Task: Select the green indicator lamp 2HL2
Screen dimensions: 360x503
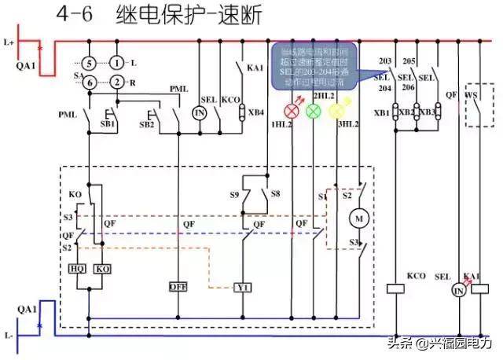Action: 313,112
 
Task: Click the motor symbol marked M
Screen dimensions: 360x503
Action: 360,216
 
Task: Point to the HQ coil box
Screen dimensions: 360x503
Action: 77,268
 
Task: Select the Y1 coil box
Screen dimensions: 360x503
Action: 243,288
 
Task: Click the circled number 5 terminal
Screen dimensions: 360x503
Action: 90,62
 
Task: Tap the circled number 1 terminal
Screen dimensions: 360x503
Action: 117,62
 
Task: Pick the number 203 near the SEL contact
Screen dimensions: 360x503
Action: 385,60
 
